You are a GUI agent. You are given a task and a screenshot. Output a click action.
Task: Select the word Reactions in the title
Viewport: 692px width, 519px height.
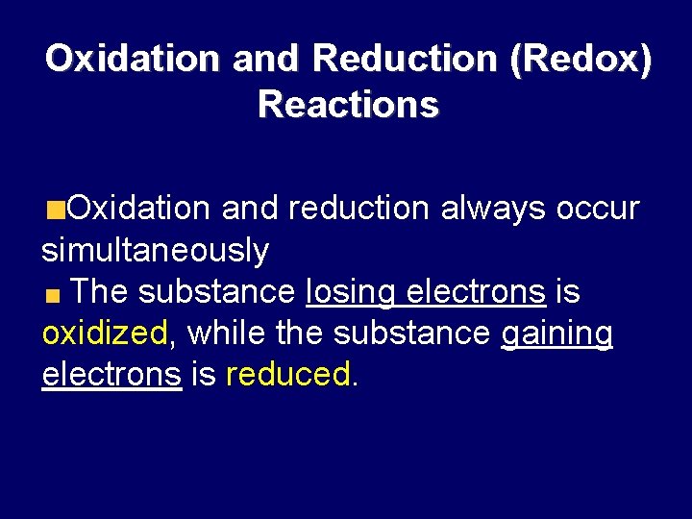point(348,104)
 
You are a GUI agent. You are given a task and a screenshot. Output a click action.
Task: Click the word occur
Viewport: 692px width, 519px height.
point(598,209)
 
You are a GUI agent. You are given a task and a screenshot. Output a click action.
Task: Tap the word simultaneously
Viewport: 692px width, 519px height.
point(155,251)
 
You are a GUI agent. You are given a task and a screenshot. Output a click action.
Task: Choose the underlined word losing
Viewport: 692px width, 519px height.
point(351,291)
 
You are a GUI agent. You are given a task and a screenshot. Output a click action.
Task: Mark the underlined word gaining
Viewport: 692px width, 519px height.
point(557,334)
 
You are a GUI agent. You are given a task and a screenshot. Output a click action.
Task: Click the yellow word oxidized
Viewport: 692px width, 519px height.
point(105,334)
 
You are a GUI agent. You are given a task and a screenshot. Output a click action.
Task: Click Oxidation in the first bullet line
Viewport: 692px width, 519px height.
point(141,209)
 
